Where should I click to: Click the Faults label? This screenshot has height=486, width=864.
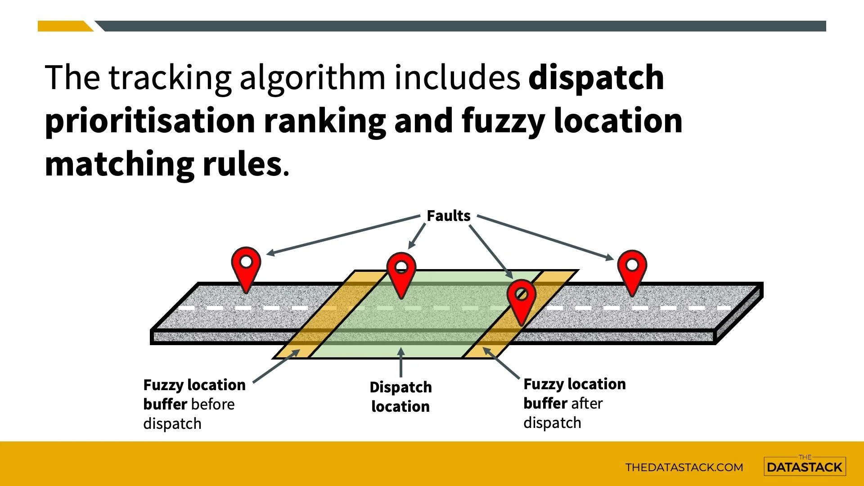448,216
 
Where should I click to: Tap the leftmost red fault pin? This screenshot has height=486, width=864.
246,265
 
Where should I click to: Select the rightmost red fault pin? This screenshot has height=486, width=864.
632,269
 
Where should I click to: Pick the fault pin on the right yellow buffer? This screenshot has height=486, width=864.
521,298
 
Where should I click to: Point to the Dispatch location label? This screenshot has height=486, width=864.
400,396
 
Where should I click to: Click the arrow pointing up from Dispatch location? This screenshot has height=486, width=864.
400,362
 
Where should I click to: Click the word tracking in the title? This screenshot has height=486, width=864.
170,78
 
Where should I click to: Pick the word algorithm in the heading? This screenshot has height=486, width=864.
312,78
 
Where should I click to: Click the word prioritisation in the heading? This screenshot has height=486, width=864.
150,121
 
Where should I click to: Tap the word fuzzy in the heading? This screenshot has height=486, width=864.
503,121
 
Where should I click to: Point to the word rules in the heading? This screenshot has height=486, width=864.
242,164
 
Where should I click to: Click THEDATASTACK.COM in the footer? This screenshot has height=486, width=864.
684,467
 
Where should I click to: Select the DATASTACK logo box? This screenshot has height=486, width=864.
805,466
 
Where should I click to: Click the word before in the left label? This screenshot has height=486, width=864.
215,404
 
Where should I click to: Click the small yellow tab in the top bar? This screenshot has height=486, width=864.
64,26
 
